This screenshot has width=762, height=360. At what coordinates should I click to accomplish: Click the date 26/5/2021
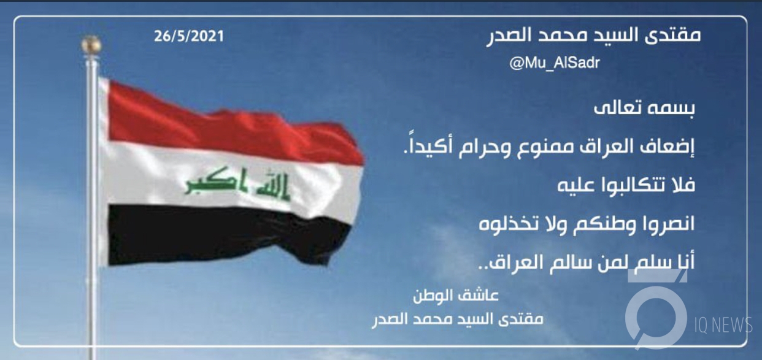click(x=189, y=36)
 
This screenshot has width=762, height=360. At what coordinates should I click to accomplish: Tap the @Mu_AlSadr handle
click(x=555, y=63)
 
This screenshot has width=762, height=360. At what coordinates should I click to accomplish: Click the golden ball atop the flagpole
click(x=91, y=44)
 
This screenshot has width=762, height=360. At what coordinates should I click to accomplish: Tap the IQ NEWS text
click(x=723, y=325)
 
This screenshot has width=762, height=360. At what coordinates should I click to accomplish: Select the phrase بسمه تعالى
click(x=644, y=109)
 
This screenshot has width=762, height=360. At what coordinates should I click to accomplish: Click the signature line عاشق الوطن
click(x=456, y=296)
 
